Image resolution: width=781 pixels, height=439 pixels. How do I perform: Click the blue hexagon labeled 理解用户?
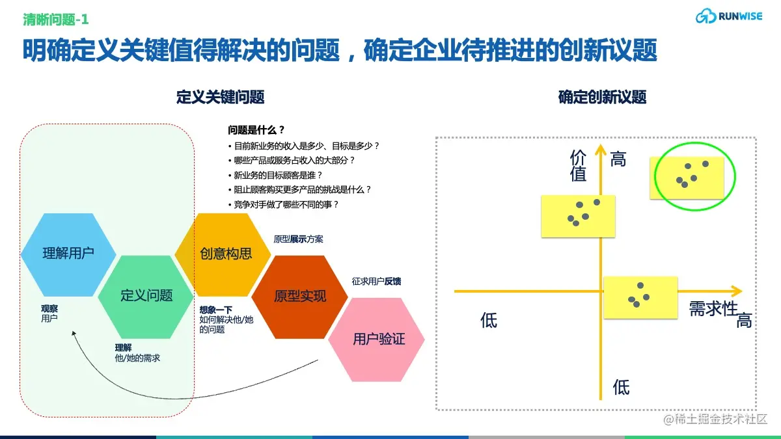coord(68,254)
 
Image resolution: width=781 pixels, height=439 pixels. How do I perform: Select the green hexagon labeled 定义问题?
coord(146,296)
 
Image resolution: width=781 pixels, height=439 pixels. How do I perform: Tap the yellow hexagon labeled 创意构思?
coord(225,254)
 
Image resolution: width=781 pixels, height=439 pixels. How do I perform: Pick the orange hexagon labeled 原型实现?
coord(300,297)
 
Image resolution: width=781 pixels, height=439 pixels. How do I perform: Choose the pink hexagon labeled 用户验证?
coord(377,339)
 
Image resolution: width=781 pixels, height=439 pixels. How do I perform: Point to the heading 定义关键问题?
coord(220,98)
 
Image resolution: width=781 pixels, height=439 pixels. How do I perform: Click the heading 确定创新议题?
coord(602,98)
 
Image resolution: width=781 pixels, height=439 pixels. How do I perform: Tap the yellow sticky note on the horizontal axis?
coord(640,297)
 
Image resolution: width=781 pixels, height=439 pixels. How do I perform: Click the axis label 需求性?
coord(713,308)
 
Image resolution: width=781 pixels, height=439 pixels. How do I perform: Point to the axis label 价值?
coord(578,165)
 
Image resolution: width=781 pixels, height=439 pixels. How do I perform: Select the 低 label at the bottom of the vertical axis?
coord(621,388)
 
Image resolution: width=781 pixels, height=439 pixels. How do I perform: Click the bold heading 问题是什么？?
coord(256,130)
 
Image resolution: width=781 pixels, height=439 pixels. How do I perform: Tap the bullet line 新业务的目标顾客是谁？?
coord(278,175)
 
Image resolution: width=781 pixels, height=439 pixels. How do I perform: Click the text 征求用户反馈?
coord(376,281)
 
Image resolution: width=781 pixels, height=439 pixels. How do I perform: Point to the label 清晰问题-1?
coord(56,20)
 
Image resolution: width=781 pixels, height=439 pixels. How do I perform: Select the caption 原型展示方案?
coord(298,239)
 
